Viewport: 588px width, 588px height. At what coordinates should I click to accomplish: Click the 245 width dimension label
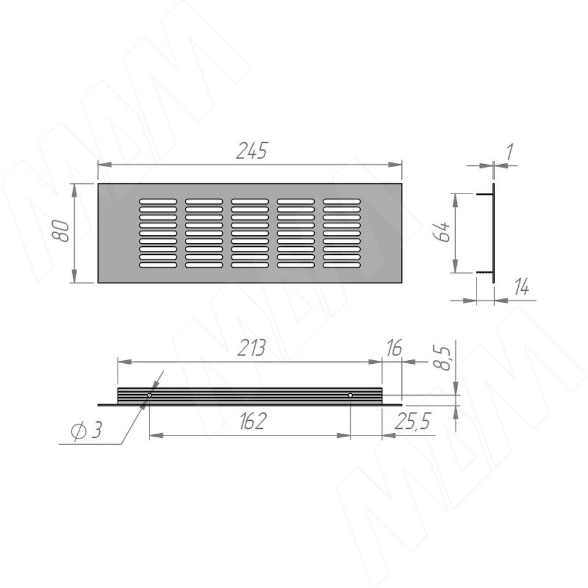pos(251,151)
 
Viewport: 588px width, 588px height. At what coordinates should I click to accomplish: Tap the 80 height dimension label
pos(61,231)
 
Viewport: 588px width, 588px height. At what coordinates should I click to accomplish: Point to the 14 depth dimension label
pos(521,288)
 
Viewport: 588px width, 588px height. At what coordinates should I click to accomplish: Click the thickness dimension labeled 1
pos(509,152)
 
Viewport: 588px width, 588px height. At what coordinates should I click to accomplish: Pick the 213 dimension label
pos(252,348)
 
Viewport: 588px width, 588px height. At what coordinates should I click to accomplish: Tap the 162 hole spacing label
pos(252,421)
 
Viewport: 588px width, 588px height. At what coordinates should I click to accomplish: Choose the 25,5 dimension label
pos(412,421)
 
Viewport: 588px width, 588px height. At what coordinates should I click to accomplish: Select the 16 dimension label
pos(394,348)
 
